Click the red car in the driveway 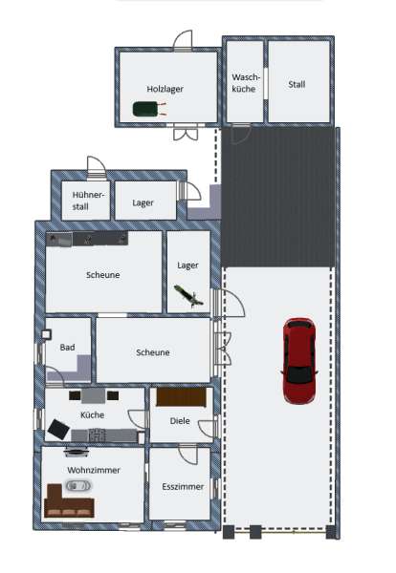click(x=298, y=361)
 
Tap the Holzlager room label click(x=165, y=89)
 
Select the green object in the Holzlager click(x=145, y=111)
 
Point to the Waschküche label click(x=243, y=82)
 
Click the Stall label click(x=297, y=84)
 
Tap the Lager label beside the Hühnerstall click(x=143, y=202)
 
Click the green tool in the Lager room click(x=188, y=295)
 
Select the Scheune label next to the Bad click(x=152, y=352)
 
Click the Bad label click(x=67, y=348)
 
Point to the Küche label click(x=92, y=415)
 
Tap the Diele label click(x=179, y=420)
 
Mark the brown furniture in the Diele click(x=181, y=397)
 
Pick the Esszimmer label click(x=182, y=486)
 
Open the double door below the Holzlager click(x=185, y=133)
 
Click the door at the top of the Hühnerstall click(x=95, y=167)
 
